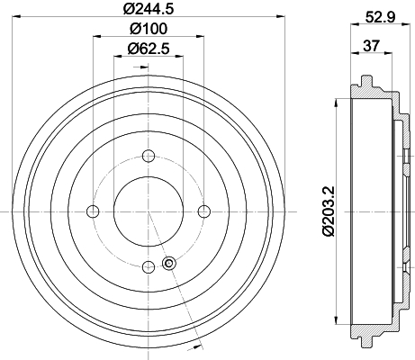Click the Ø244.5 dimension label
[149, 9]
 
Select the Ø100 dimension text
[149, 29]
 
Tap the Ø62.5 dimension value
[149, 49]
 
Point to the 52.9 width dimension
[380, 17]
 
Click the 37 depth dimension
[372, 46]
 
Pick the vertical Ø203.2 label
[329, 211]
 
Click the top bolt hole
[149, 156]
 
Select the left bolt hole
[93, 211]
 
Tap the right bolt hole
[204, 211]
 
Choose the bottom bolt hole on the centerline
[149, 267]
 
